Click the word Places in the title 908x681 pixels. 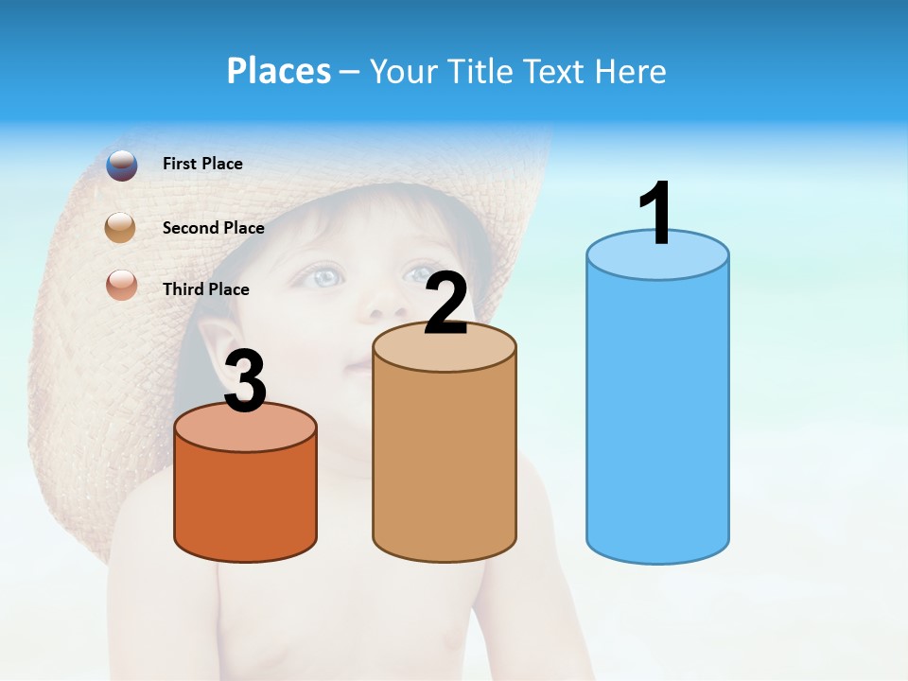(278, 71)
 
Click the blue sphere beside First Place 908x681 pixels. (122, 165)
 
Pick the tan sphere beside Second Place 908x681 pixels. (122, 227)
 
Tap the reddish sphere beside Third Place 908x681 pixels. (122, 285)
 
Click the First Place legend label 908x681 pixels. (202, 164)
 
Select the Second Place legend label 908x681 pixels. (213, 227)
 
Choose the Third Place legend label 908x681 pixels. (206, 289)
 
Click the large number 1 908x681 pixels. (656, 214)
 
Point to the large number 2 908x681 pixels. (446, 305)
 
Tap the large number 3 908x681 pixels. (246, 382)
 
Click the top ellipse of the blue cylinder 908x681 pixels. (657, 255)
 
